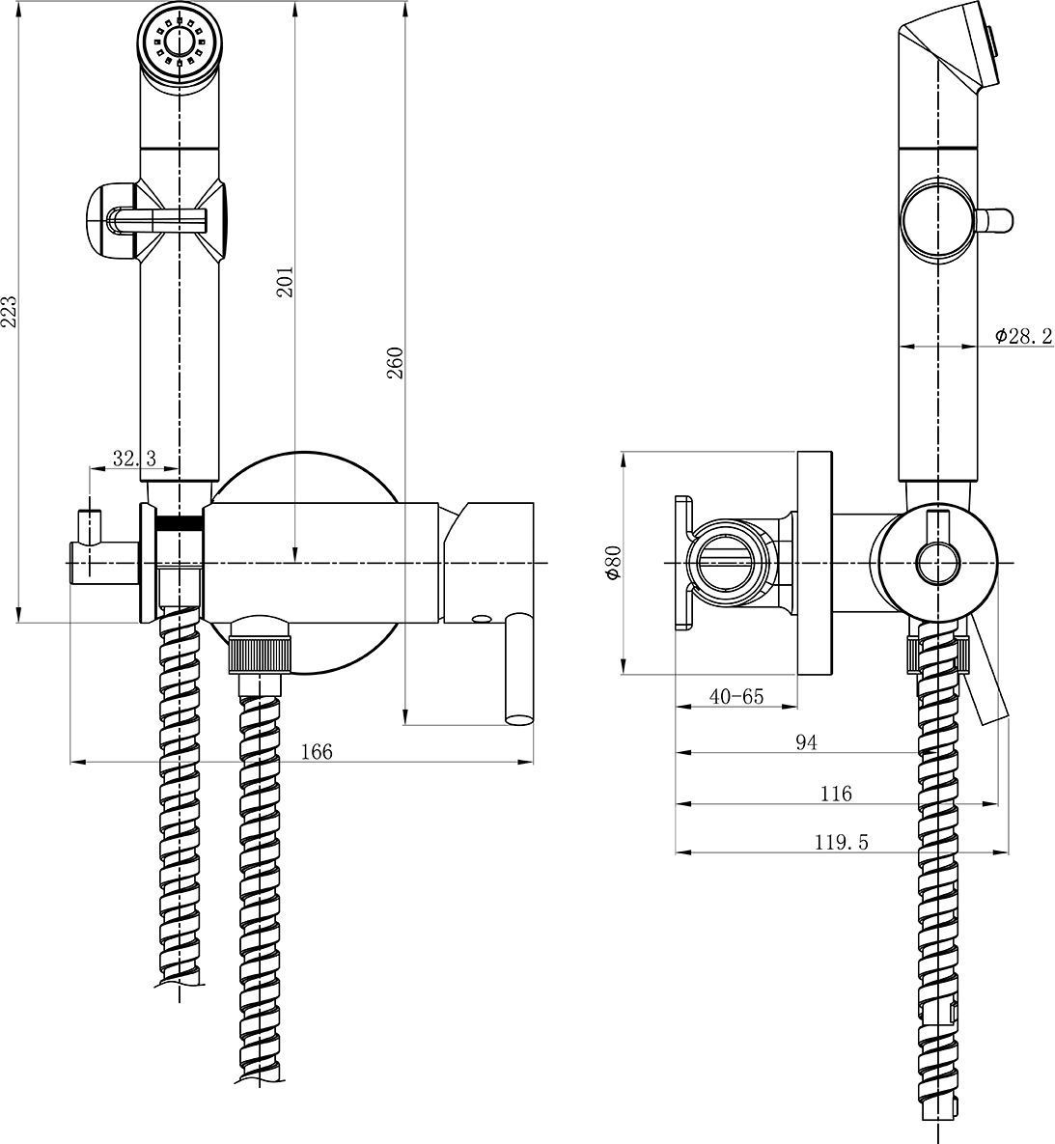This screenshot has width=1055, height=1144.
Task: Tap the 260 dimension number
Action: click(396, 361)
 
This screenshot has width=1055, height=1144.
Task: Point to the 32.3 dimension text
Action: click(133, 459)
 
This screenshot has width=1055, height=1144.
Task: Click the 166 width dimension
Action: click(316, 751)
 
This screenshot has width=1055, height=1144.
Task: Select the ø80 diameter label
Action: click(611, 562)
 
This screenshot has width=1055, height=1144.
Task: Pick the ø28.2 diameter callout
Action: click(1023, 335)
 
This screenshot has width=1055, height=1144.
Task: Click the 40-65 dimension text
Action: click(736, 695)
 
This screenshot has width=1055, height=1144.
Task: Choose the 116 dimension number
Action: click(836, 793)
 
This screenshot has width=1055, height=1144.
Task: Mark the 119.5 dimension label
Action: click(842, 842)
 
